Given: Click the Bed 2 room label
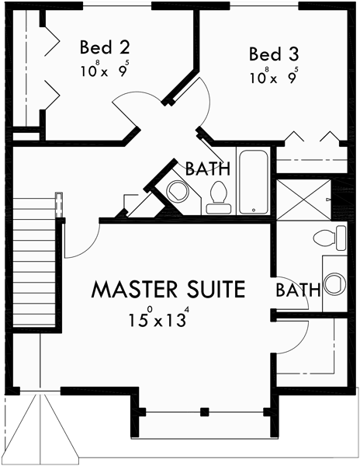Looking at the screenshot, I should click(x=105, y=47).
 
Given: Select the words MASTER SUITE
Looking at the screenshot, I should click(x=168, y=290).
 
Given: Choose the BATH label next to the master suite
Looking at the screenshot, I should click(x=299, y=290).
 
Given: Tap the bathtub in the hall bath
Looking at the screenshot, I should click(x=254, y=183).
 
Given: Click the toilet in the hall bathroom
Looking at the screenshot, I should click(x=218, y=198).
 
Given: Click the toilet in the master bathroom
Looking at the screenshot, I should click(x=329, y=238).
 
